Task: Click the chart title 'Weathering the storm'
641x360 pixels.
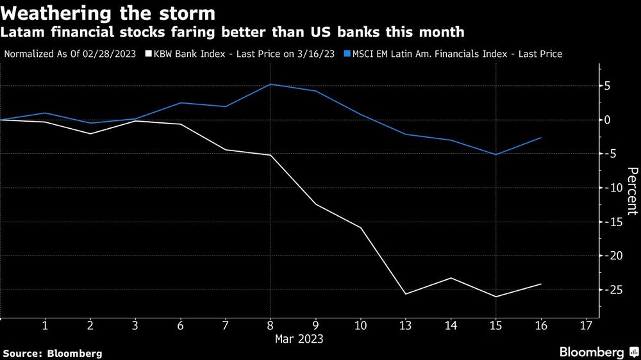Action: click(x=109, y=13)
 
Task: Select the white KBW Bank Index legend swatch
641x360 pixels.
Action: click(x=149, y=54)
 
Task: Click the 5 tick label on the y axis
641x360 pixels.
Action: click(x=614, y=86)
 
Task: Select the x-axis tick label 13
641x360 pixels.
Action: click(x=405, y=326)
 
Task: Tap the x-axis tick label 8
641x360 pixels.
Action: click(x=271, y=326)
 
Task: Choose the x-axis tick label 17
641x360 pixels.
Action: click(x=585, y=326)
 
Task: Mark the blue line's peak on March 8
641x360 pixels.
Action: click(x=271, y=85)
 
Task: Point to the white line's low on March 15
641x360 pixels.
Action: click(x=495, y=297)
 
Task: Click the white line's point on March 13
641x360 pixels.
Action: click(x=405, y=293)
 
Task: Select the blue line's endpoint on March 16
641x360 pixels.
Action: click(x=541, y=138)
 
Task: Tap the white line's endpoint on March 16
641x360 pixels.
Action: click(x=541, y=284)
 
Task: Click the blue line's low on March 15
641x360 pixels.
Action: click(x=495, y=154)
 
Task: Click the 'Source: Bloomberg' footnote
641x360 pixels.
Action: click(x=53, y=353)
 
